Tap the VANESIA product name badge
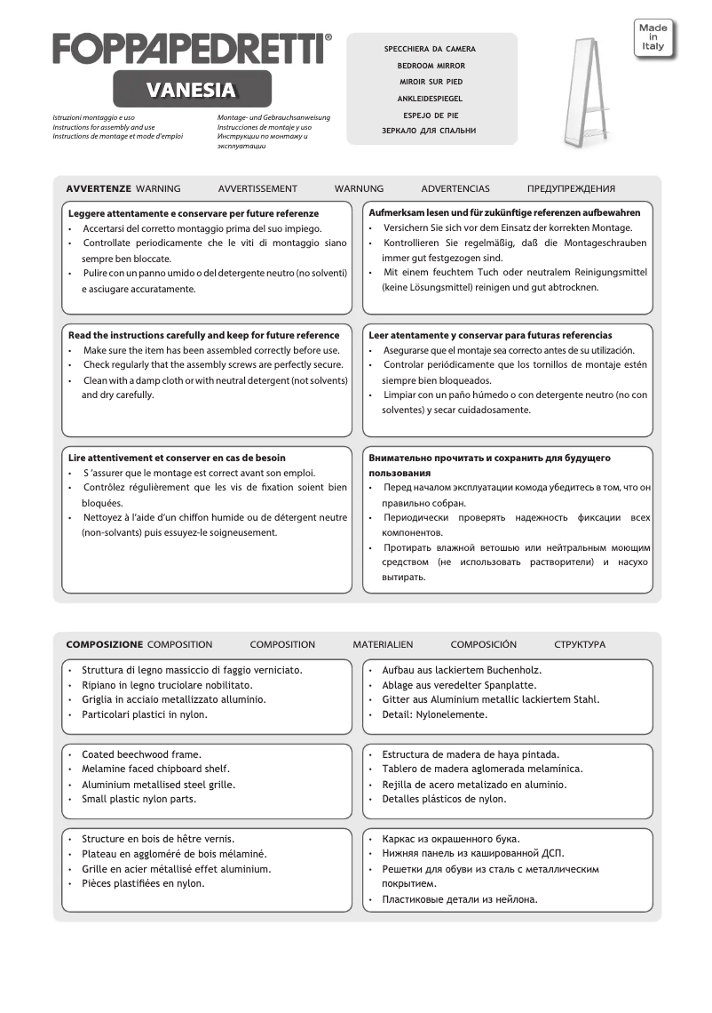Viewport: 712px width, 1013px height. click(x=192, y=90)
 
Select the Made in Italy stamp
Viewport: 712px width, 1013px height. click(x=653, y=37)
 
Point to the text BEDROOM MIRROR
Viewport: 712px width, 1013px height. click(x=431, y=66)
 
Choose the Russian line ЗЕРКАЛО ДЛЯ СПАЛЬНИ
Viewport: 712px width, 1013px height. click(x=431, y=131)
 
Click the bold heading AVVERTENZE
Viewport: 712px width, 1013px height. click(x=99, y=188)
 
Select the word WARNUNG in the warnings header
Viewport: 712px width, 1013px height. click(x=359, y=188)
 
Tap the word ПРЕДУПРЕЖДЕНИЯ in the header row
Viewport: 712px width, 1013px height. click(x=571, y=188)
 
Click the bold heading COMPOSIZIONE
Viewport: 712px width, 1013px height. click(x=104, y=644)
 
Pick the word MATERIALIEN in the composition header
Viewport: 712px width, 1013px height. click(x=383, y=644)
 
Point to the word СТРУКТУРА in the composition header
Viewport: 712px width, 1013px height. click(x=580, y=644)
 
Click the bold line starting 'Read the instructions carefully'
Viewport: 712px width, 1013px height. click(x=203, y=336)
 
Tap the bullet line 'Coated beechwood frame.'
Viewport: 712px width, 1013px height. click(x=141, y=754)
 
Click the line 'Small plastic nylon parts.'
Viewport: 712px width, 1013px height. click(x=138, y=799)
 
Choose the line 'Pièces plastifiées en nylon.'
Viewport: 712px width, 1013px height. click(x=143, y=883)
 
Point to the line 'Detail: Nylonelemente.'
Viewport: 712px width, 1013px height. click(x=434, y=714)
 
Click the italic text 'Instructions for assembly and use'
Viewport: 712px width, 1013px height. click(x=104, y=127)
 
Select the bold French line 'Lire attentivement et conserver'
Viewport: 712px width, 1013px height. click(x=177, y=458)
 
